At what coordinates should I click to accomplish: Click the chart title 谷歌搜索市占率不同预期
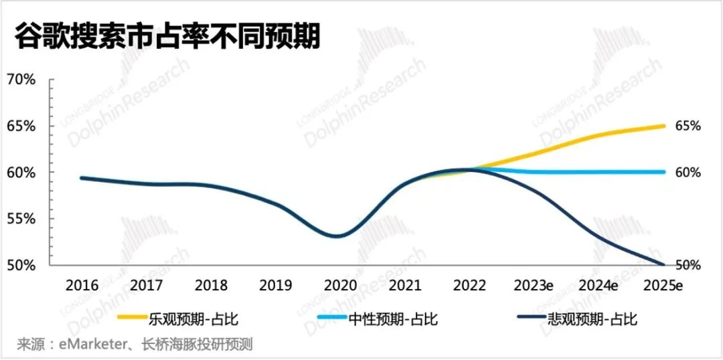pos(168,37)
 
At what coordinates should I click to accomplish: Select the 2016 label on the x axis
pos(82,285)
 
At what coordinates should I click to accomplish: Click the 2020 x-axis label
pos(340,285)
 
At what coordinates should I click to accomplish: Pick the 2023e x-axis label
pos(534,285)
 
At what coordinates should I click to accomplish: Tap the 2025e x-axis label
pos(663,285)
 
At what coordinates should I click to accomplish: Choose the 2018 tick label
pos(211,285)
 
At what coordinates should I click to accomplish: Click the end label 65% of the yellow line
pos(688,126)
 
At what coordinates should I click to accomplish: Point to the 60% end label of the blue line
pos(688,173)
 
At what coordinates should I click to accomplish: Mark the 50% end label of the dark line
pos(688,265)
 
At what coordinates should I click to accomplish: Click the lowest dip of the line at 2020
pos(336,236)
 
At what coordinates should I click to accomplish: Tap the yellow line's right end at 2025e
pos(663,126)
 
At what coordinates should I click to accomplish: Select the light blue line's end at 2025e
pos(663,172)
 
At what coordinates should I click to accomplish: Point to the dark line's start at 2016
pos(82,178)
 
